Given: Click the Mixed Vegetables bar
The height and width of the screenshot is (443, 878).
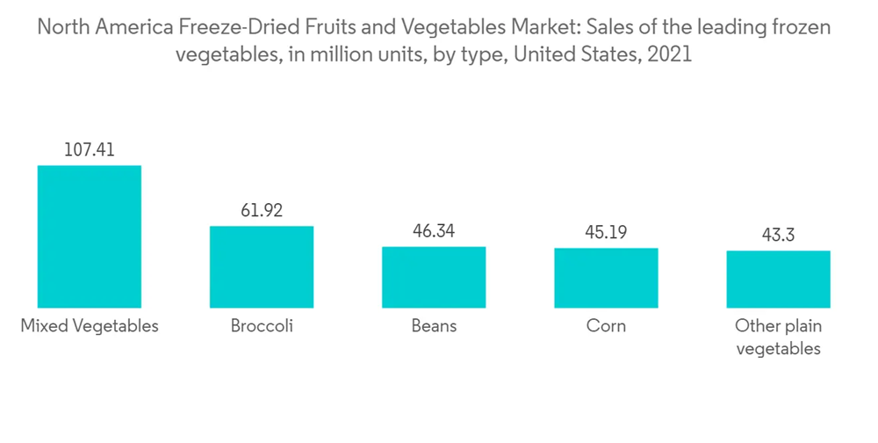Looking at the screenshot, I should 89,236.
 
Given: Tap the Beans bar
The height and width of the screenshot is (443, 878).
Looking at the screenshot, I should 434,277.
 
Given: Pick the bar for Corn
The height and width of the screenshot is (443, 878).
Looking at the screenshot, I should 606,278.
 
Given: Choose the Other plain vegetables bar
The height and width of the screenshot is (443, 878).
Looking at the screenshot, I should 778,279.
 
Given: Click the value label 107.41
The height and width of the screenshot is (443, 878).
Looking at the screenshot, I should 89,150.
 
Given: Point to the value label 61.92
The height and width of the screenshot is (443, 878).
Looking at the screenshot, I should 261,211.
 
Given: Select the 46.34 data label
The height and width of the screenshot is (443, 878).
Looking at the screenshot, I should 434,232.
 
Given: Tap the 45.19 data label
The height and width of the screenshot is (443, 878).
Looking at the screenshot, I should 606,233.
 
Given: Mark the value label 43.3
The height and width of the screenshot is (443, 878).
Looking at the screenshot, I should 778,236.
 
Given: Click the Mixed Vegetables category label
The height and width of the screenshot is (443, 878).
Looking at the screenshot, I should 89,326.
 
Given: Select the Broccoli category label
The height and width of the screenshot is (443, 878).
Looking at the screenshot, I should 261,326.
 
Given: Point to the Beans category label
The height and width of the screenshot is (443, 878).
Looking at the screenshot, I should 434,326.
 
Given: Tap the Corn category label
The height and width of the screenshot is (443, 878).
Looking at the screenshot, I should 606,326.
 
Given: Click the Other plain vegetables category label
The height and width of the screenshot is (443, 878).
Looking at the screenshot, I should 778,338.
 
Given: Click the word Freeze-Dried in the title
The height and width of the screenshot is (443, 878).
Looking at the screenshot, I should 225,28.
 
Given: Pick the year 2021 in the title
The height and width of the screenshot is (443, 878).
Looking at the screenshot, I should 669,54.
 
